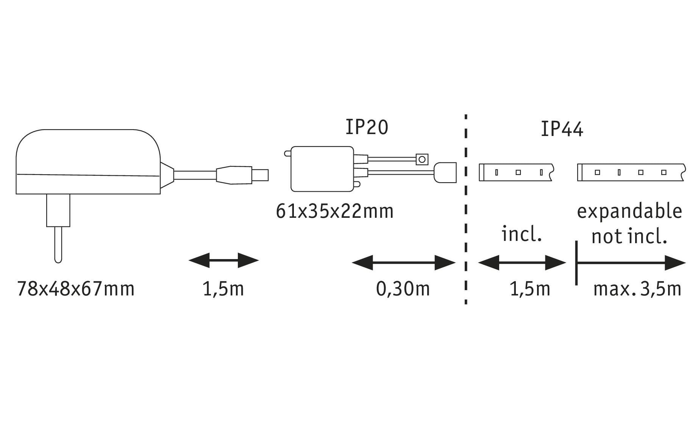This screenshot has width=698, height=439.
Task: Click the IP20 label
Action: pos(367,127)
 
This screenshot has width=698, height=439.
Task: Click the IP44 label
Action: pos(562,129)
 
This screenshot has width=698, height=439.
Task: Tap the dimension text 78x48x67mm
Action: pos(76,289)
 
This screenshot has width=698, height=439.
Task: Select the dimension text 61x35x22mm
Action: pos(335,211)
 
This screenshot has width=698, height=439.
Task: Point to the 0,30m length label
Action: pos(403,289)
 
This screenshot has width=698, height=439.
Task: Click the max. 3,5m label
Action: pos(637,289)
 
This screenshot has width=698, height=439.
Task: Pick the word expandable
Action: pos(629,211)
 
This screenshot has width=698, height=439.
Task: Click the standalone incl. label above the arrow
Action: pos(522,234)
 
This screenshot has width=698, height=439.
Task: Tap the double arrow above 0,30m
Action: pos(404,262)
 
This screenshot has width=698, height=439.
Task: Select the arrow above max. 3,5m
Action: pos(631,262)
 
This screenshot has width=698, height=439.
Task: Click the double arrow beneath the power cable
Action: pos(223,260)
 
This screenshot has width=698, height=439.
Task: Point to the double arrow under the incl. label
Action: pos(522,262)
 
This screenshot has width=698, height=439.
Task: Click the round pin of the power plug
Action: pos(58,244)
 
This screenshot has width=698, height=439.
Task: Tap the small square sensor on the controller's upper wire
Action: pos(422,159)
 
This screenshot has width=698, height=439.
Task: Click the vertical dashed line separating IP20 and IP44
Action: pos(465,208)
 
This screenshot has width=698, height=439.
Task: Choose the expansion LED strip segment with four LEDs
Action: pos(631,172)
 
